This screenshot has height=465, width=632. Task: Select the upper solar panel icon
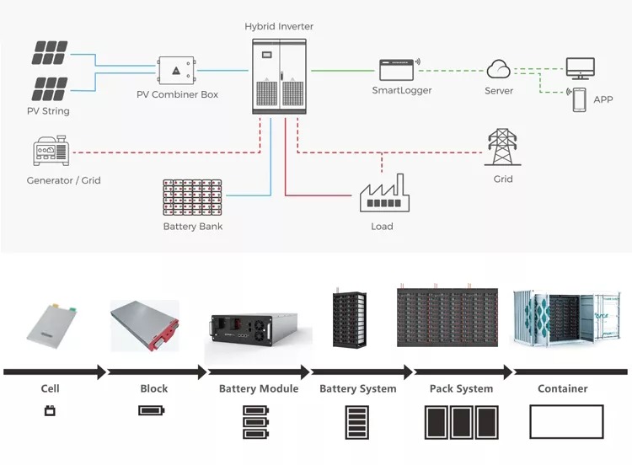pyautogui.click(x=50, y=53)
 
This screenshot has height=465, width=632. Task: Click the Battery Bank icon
pyautogui.click(x=193, y=197)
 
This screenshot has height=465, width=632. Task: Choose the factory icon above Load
pyautogui.click(x=382, y=195)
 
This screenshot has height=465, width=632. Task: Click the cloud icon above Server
pyautogui.click(x=499, y=70)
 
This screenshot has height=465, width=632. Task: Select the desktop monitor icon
pyautogui.click(x=580, y=67)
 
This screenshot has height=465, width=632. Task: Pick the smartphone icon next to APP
pyautogui.click(x=580, y=99)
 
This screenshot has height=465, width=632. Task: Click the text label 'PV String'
pyautogui.click(x=48, y=111)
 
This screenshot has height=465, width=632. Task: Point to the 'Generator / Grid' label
pyautogui.click(x=64, y=180)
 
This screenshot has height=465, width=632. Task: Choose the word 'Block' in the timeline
pyautogui.click(x=154, y=389)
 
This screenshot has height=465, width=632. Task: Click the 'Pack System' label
pyautogui.click(x=462, y=389)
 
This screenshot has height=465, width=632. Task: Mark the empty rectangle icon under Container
pyautogui.click(x=566, y=421)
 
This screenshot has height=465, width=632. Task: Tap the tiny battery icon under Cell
pyautogui.click(x=50, y=411)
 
